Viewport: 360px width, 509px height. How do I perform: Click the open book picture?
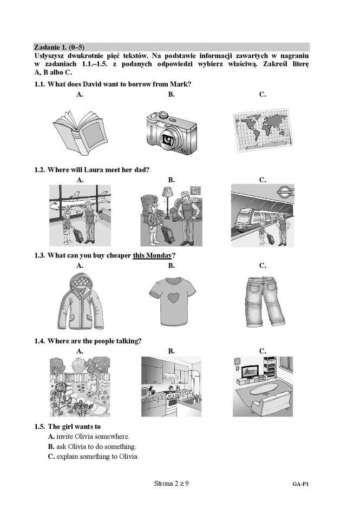point(80,133)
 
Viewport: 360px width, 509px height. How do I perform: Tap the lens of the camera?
point(168,139)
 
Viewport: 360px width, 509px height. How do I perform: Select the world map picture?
point(263,130)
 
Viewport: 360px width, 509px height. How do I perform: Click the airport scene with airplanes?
point(80,215)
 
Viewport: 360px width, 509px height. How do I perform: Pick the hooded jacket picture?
point(81,302)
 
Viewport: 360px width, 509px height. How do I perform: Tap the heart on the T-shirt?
point(172,297)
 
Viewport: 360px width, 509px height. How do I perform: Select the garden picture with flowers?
point(80,386)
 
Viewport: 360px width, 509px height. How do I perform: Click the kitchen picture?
point(171,386)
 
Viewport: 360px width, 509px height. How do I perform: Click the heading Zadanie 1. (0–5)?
point(60,47)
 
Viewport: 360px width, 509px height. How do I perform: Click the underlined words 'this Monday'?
point(152,255)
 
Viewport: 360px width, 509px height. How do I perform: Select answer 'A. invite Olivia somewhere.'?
point(89,437)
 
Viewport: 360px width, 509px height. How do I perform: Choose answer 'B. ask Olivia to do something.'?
point(92,446)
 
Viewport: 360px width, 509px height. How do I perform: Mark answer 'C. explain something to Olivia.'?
point(94,457)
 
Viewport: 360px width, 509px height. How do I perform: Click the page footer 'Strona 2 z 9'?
point(171,484)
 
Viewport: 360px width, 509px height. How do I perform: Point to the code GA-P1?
point(300,484)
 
